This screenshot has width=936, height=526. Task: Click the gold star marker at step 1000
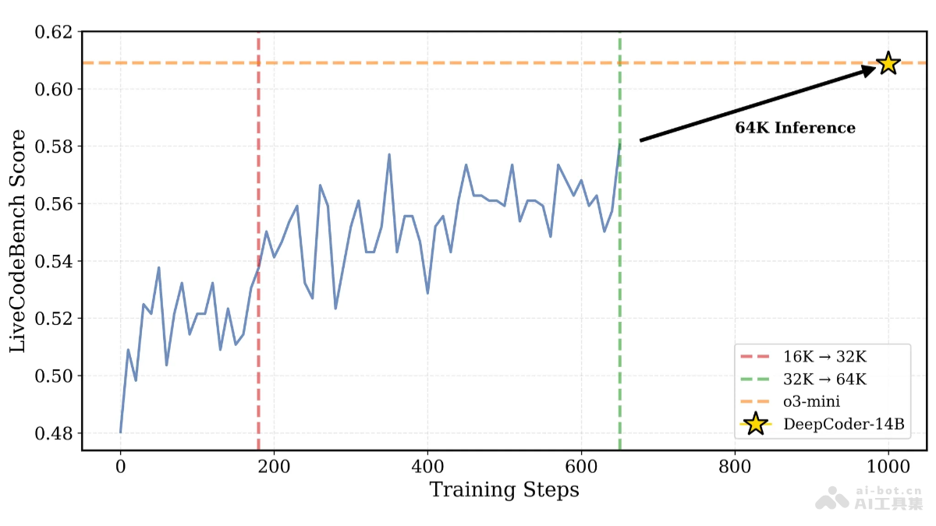pyautogui.click(x=888, y=63)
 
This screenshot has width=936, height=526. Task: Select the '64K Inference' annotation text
pyautogui.click(x=795, y=128)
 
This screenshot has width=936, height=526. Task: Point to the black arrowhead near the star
pyautogui.click(x=867, y=69)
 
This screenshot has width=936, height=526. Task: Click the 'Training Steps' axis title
pyautogui.click(x=504, y=490)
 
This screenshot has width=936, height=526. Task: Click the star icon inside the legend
pyautogui.click(x=755, y=424)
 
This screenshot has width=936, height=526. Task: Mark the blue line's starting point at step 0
pyautogui.click(x=121, y=432)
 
